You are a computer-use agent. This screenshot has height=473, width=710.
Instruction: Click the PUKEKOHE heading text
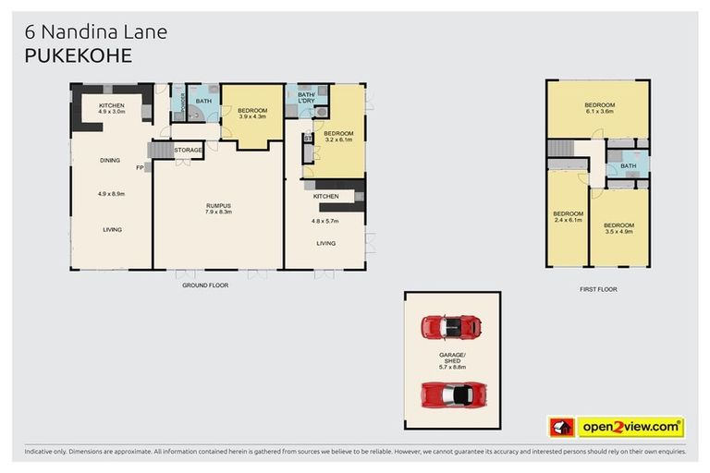tap(79, 55)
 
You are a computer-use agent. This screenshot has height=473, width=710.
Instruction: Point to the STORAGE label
tap(188, 149)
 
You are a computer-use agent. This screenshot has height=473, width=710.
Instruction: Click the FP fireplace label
tap(141, 168)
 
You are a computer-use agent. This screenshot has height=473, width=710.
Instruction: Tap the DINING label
tap(110, 160)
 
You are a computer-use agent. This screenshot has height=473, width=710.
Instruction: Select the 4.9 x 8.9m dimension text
tap(111, 194)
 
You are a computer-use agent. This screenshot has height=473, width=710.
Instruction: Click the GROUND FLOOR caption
tap(205, 285)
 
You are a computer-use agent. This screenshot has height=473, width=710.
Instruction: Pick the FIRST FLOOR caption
tap(597, 289)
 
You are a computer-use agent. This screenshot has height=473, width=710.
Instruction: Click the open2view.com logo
tap(630, 427)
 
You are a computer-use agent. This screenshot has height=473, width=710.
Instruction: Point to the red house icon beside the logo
tap(561, 427)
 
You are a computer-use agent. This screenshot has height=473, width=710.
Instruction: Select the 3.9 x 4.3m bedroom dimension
tap(252, 117)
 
